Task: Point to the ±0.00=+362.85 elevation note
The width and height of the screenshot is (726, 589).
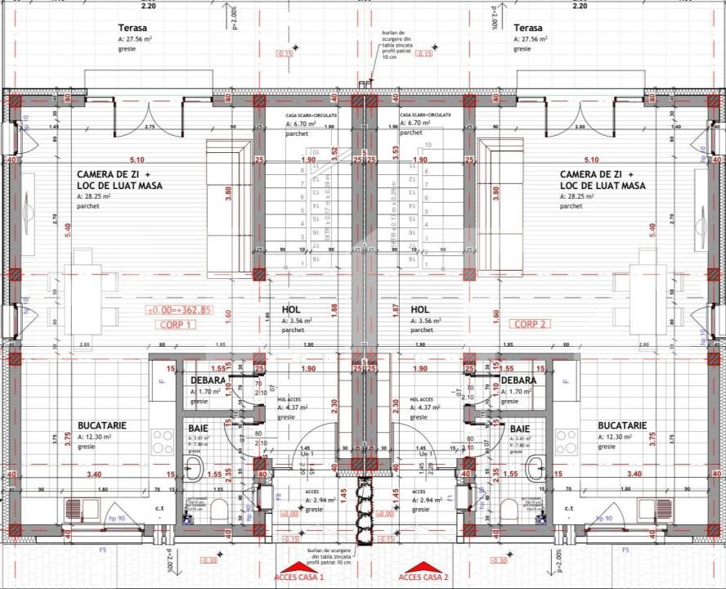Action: pos(178,310)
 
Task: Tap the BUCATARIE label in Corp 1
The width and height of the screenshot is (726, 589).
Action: pos(103,425)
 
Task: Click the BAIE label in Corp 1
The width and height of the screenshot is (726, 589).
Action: pos(198,428)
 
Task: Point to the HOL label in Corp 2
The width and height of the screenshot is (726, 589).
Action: pos(420,310)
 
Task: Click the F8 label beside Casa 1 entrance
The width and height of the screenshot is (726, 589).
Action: pos(277,497)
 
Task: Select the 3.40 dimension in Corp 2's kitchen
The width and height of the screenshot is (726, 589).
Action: pos(634,474)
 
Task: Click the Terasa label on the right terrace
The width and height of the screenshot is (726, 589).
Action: pos(528,27)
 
